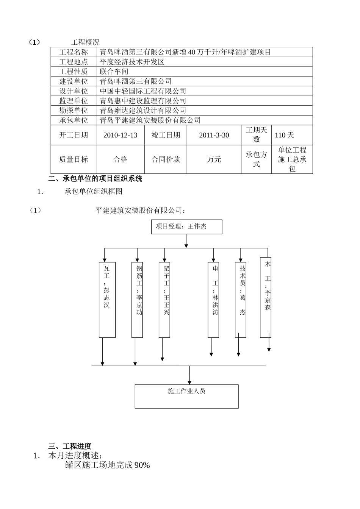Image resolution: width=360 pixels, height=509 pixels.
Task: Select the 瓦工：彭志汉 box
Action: point(107,299)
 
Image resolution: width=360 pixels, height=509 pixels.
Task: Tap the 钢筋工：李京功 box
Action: point(137,299)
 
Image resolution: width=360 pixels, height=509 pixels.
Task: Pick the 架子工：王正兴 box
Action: point(164,299)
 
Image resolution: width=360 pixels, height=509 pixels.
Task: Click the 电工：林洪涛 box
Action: point(213,299)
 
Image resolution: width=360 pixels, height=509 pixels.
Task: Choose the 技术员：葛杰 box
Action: point(241,299)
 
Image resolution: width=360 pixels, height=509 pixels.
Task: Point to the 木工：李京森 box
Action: point(266,297)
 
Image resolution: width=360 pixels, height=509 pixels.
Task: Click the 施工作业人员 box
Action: point(186,396)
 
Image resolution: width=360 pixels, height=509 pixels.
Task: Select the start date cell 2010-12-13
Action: point(120,135)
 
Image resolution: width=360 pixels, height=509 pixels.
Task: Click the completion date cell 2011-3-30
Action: point(214,135)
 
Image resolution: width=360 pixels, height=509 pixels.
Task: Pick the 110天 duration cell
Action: point(285,135)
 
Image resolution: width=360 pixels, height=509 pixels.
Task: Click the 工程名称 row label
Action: point(74,52)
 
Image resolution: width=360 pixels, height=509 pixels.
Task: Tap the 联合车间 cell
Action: point(114,72)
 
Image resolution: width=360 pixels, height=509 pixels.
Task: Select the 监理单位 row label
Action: point(74,101)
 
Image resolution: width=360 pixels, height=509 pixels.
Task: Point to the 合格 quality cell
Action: point(121,159)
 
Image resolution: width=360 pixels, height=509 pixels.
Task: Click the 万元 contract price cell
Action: point(214,159)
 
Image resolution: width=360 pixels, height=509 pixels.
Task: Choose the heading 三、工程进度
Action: point(70,446)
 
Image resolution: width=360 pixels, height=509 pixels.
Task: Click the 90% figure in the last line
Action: point(141,465)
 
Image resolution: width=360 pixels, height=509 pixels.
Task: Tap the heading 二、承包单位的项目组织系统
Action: point(95,179)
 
